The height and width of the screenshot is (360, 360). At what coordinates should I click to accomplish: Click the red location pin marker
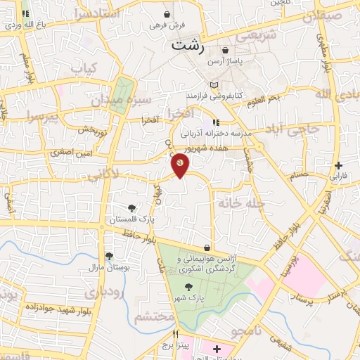click(180, 165)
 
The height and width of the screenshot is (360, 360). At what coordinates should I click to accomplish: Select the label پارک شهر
click(191, 298)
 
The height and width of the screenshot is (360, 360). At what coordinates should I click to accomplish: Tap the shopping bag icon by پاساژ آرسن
click(225, 51)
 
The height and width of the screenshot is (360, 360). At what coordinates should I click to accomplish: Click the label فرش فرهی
click(167, 25)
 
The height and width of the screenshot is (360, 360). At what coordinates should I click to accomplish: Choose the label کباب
click(84, 69)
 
